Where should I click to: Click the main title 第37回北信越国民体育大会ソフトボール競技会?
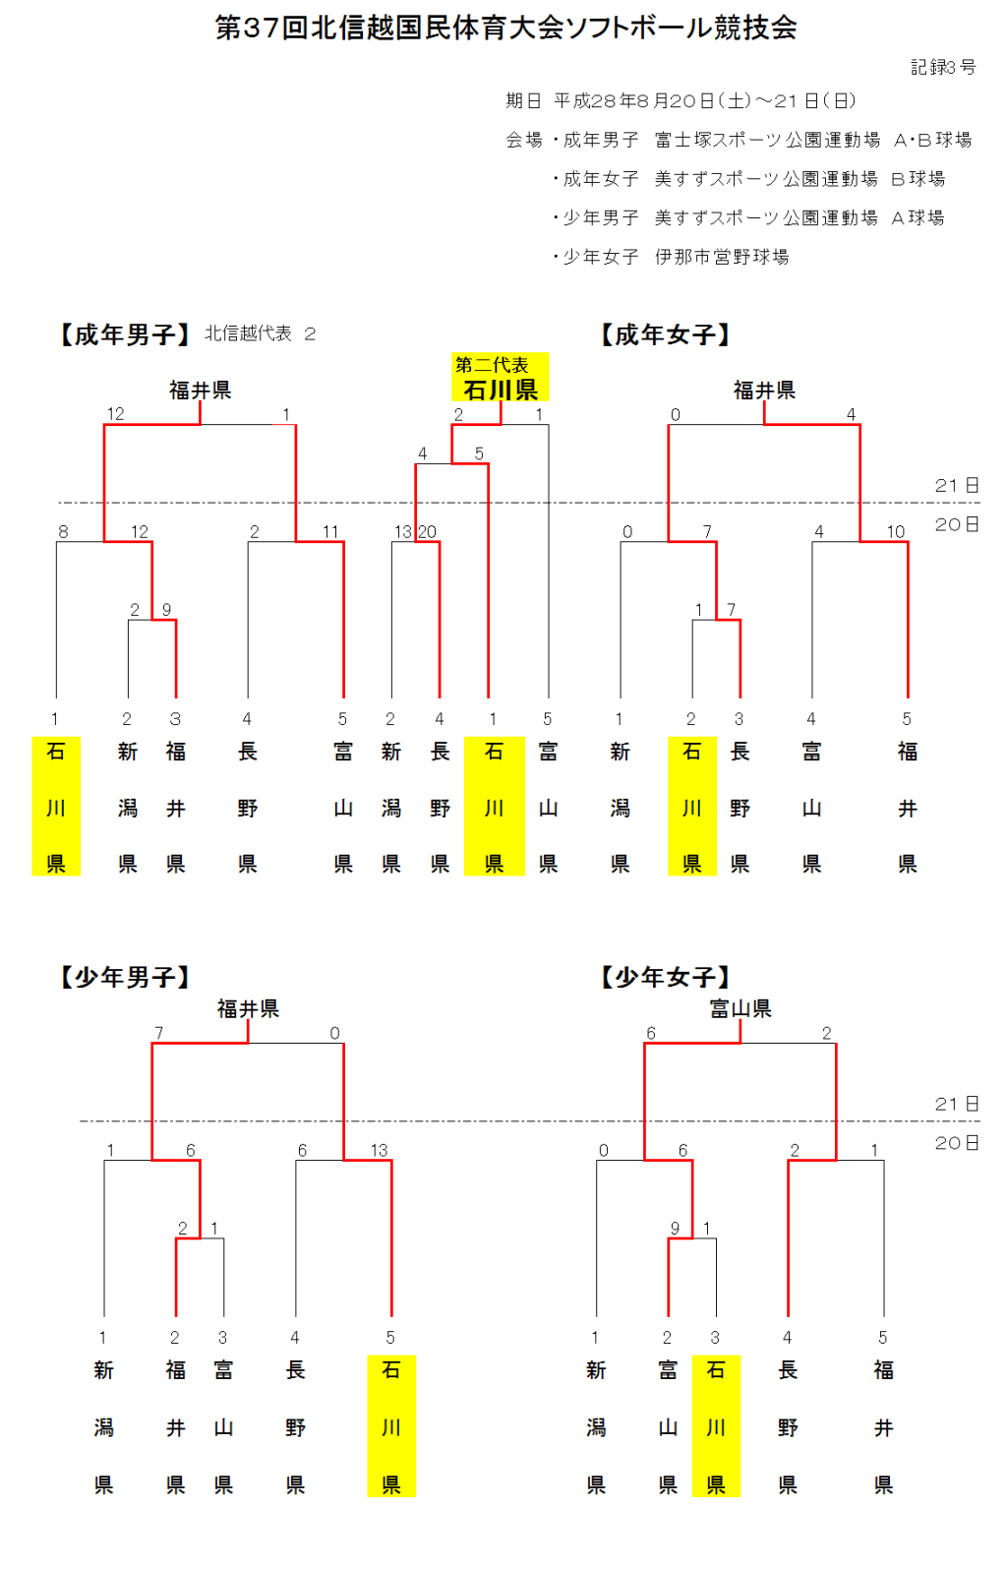505,28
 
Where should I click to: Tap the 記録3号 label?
942,67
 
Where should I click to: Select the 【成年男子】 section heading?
125,335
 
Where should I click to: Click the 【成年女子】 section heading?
666,335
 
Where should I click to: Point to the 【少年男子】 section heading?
125,977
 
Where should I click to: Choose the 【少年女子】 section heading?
666,977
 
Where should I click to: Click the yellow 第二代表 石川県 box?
500,378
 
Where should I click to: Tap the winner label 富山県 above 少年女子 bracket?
740,1008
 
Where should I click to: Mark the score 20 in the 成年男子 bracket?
428,532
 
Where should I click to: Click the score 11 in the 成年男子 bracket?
330,532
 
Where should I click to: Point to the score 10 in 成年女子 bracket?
895,532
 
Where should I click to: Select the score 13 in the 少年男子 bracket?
379,1150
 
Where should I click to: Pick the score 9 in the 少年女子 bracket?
675,1229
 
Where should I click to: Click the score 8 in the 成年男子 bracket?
63,532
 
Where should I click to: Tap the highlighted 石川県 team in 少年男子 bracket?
391,1425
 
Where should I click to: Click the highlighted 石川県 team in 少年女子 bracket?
716,1425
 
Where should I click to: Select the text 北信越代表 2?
260,334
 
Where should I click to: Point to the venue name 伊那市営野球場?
722,257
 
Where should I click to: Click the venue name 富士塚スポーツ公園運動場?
767,140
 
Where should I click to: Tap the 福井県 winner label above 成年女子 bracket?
764,391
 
